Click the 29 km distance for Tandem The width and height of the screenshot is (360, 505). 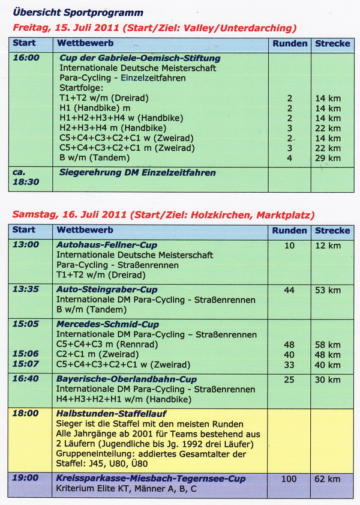[x=327, y=158]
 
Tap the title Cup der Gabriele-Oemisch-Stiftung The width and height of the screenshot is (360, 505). [x=140, y=58]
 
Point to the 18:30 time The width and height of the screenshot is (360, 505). [x=26, y=181]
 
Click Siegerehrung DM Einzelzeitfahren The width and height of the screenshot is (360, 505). [x=137, y=172]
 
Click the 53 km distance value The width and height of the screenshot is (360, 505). [x=327, y=291]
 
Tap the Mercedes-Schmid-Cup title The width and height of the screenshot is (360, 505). [x=107, y=324]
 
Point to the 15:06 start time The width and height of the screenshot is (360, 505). [x=26, y=354]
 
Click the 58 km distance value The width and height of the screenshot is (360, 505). [x=327, y=344]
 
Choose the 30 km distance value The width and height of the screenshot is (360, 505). [x=327, y=380]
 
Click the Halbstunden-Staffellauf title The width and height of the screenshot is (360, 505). [x=111, y=413]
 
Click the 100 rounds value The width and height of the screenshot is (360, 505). [x=290, y=479]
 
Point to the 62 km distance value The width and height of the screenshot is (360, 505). [x=327, y=479]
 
